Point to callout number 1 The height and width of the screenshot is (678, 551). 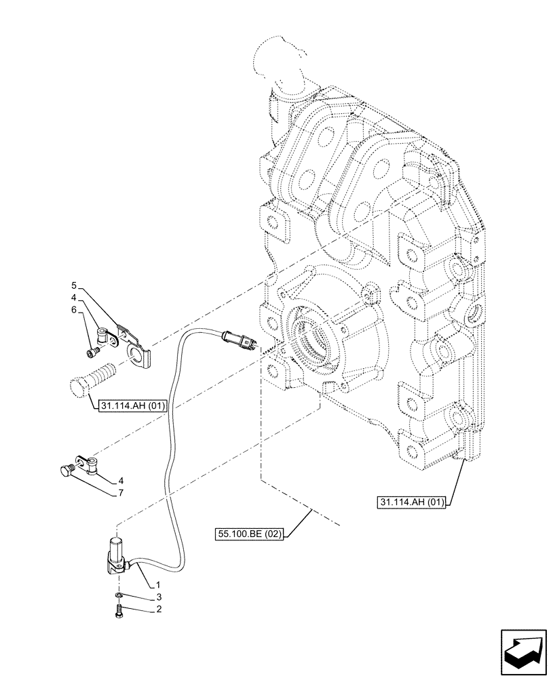click(x=157, y=584)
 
